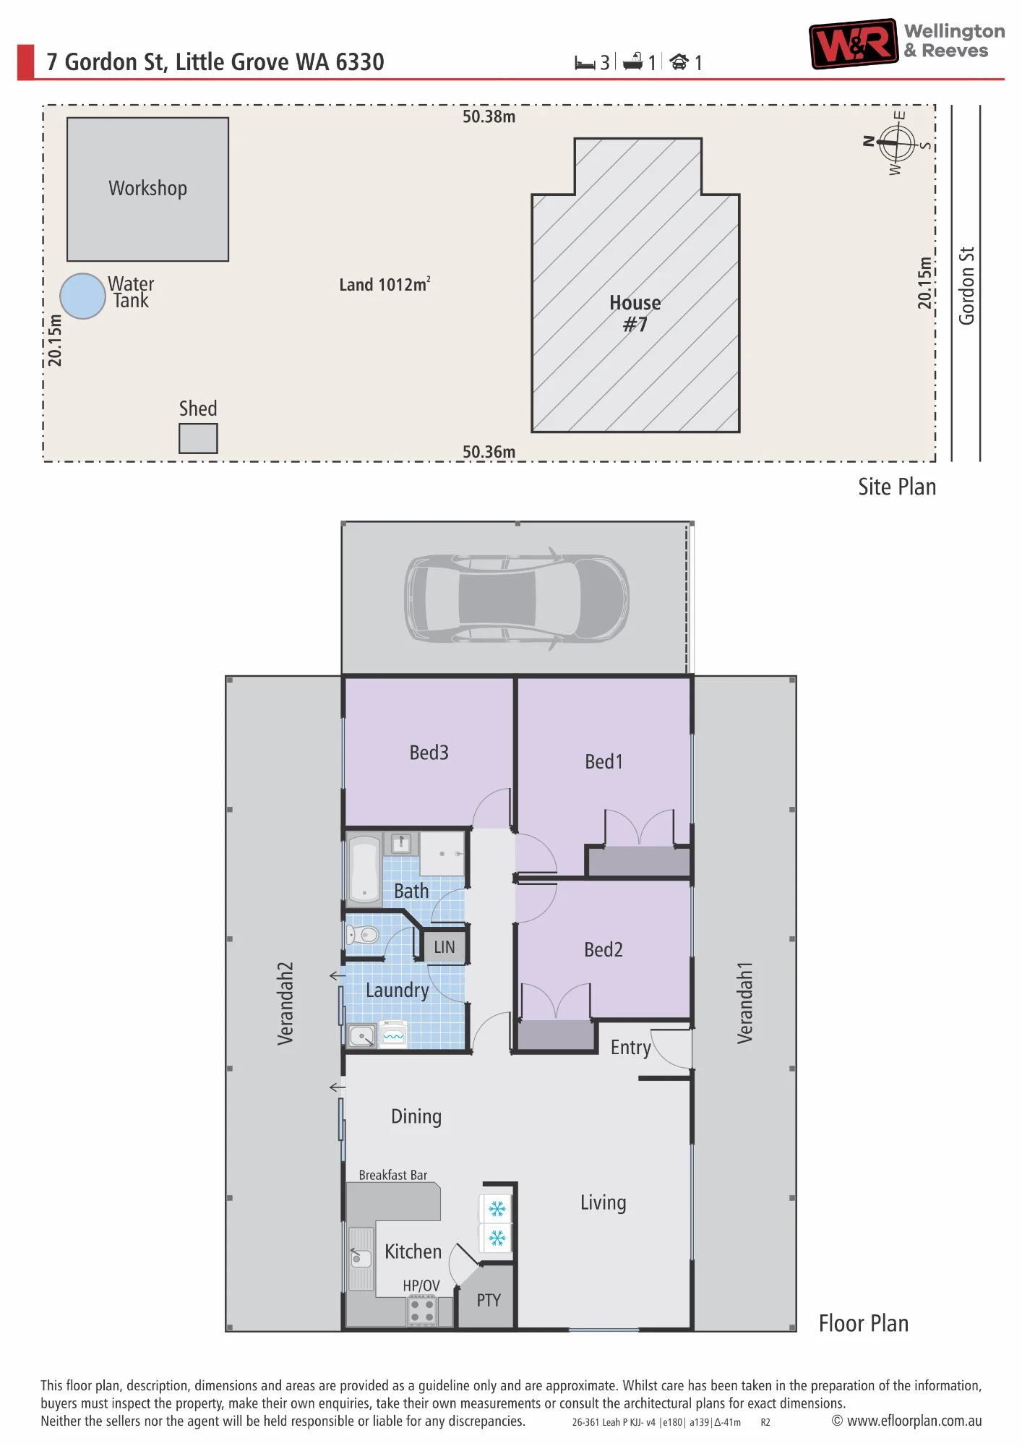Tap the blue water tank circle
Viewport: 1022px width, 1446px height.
click(82, 296)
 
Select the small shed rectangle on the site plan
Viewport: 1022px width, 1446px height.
click(198, 438)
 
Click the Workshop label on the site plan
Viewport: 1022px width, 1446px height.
click(147, 188)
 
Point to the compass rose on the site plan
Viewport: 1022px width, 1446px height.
click(897, 142)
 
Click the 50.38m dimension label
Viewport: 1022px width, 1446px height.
click(489, 116)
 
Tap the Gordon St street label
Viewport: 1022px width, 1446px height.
click(966, 286)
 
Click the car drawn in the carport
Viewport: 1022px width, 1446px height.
click(516, 599)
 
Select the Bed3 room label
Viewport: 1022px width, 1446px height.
click(429, 753)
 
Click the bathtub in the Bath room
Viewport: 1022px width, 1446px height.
click(364, 869)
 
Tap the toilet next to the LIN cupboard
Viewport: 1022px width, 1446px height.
click(363, 935)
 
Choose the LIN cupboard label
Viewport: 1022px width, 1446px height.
click(445, 947)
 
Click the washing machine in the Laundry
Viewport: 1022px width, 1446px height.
click(393, 1035)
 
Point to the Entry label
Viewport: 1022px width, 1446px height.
click(630, 1048)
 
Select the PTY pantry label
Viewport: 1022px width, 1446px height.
click(489, 1300)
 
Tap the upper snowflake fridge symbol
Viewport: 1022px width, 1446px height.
click(497, 1208)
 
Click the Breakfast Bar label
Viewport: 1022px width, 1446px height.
click(393, 1175)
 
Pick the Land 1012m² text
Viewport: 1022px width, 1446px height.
click(385, 284)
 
